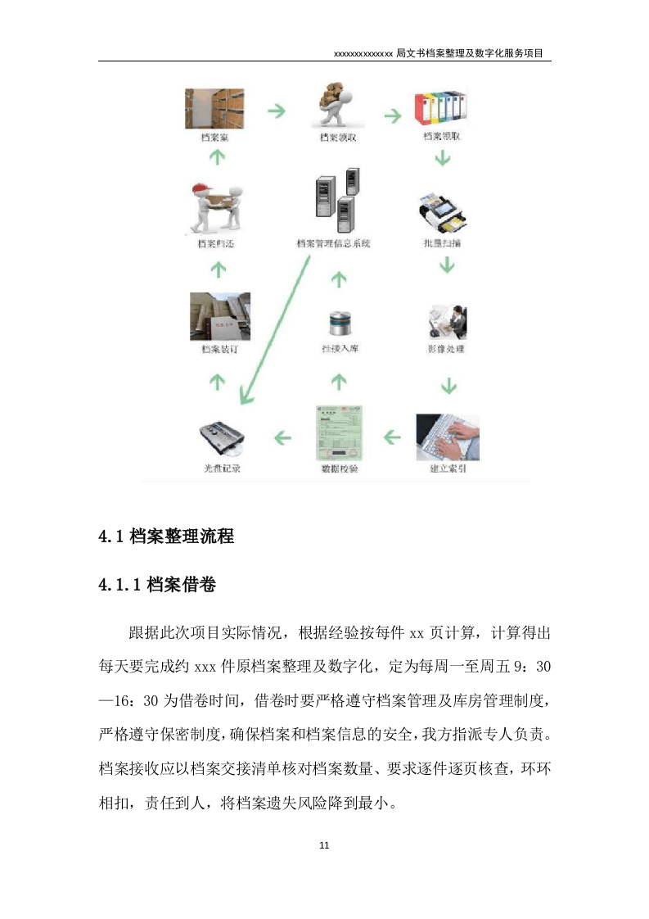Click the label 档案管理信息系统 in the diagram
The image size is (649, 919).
(x=333, y=243)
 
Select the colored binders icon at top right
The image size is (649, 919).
(x=442, y=108)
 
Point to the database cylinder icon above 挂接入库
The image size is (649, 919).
(x=338, y=323)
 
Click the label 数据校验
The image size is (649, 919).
(x=338, y=469)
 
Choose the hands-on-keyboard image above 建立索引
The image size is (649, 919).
(x=447, y=437)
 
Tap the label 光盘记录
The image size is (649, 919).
(x=222, y=469)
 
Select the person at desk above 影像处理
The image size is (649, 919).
(x=447, y=322)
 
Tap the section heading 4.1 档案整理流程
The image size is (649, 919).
(x=166, y=536)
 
